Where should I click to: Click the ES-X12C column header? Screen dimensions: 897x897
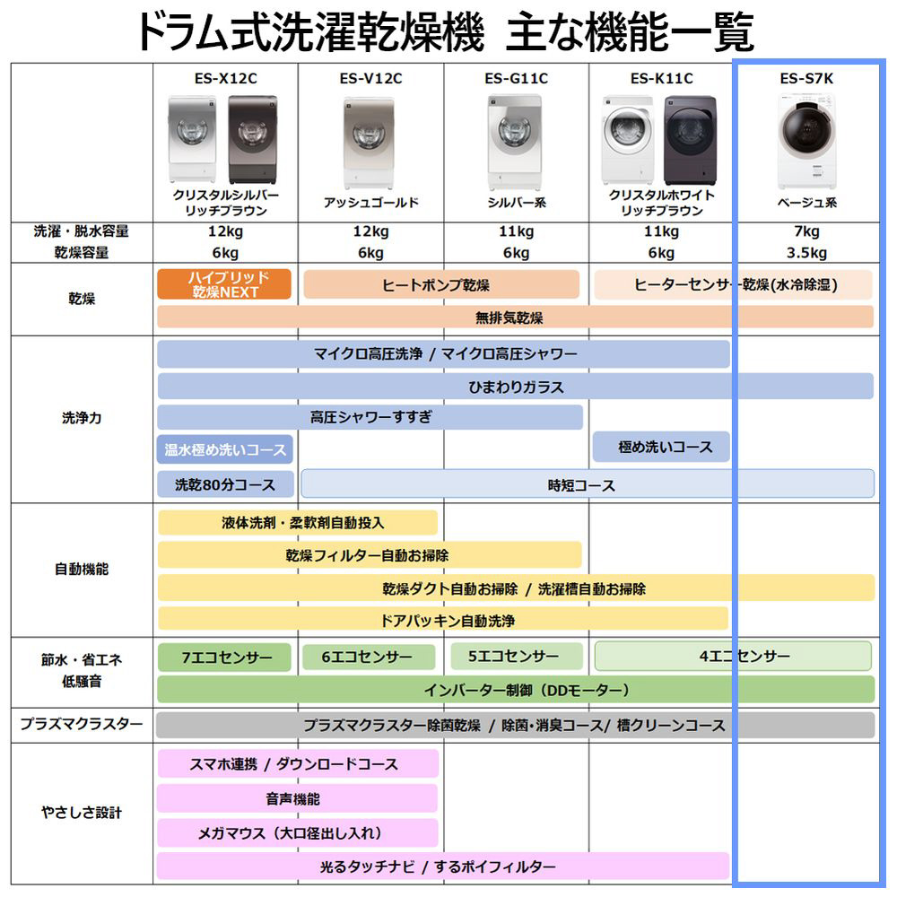tap(225, 78)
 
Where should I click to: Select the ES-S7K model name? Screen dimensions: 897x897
tap(806, 78)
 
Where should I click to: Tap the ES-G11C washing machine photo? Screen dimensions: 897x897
tap(515, 142)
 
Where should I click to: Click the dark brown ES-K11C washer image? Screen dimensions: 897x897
tap(690, 140)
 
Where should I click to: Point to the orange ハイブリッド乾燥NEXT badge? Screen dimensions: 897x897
tap(224, 284)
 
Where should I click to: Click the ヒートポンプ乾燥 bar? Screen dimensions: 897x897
tap(441, 284)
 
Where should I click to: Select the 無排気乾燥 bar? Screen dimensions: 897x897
tap(515, 317)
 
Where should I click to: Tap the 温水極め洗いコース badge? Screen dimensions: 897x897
tap(225, 449)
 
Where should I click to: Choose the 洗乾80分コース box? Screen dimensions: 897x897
tap(225, 484)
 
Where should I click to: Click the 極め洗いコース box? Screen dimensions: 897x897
tap(661, 447)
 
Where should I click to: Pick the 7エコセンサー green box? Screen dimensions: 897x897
tap(224, 658)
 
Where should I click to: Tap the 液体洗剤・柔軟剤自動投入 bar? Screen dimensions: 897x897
tap(298, 522)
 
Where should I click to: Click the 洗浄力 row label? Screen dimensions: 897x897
tap(82, 418)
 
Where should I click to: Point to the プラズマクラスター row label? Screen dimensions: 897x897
tap(82, 724)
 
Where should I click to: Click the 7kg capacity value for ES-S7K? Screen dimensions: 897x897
tap(806, 231)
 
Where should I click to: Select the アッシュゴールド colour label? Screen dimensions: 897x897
tap(370, 203)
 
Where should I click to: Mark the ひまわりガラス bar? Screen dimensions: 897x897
tap(516, 386)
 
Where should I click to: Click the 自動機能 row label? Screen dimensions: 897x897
tap(82, 570)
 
